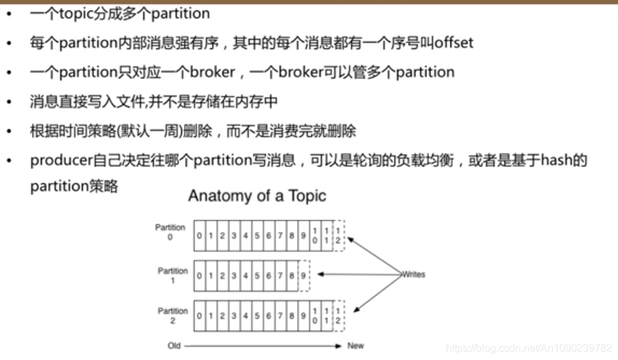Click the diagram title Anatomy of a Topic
[257, 196]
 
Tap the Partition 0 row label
[170, 233]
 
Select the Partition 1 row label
[172, 275]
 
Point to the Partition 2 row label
[172, 316]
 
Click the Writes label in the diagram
[413, 275]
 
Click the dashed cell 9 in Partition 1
[303, 275]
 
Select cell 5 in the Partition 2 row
[257, 316]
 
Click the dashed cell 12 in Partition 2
[338, 316]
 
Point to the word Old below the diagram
[173, 346]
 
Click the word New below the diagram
[355, 346]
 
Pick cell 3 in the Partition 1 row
[233, 275]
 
